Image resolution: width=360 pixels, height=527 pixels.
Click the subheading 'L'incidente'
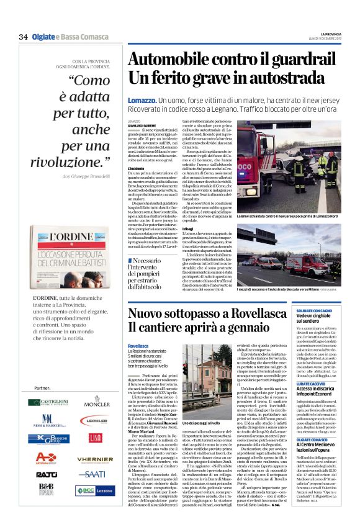coord(137,168)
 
